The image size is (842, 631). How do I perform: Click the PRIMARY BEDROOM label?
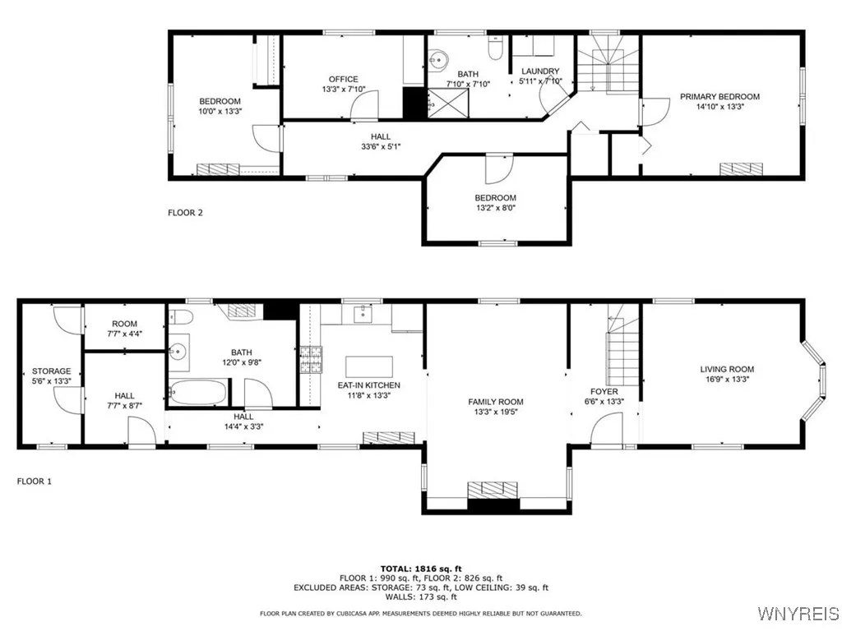(719, 96)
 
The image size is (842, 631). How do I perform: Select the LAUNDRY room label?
(540, 71)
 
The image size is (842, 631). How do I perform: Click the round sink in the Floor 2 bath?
(437, 59)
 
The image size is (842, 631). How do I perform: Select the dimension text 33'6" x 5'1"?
(381, 146)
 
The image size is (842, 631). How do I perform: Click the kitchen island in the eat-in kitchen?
(368, 366)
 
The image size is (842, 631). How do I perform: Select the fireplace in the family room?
(493, 490)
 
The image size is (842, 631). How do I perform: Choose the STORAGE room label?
(51, 371)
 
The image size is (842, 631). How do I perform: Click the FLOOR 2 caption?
(185, 213)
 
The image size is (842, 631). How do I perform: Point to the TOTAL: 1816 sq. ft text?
(420, 569)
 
